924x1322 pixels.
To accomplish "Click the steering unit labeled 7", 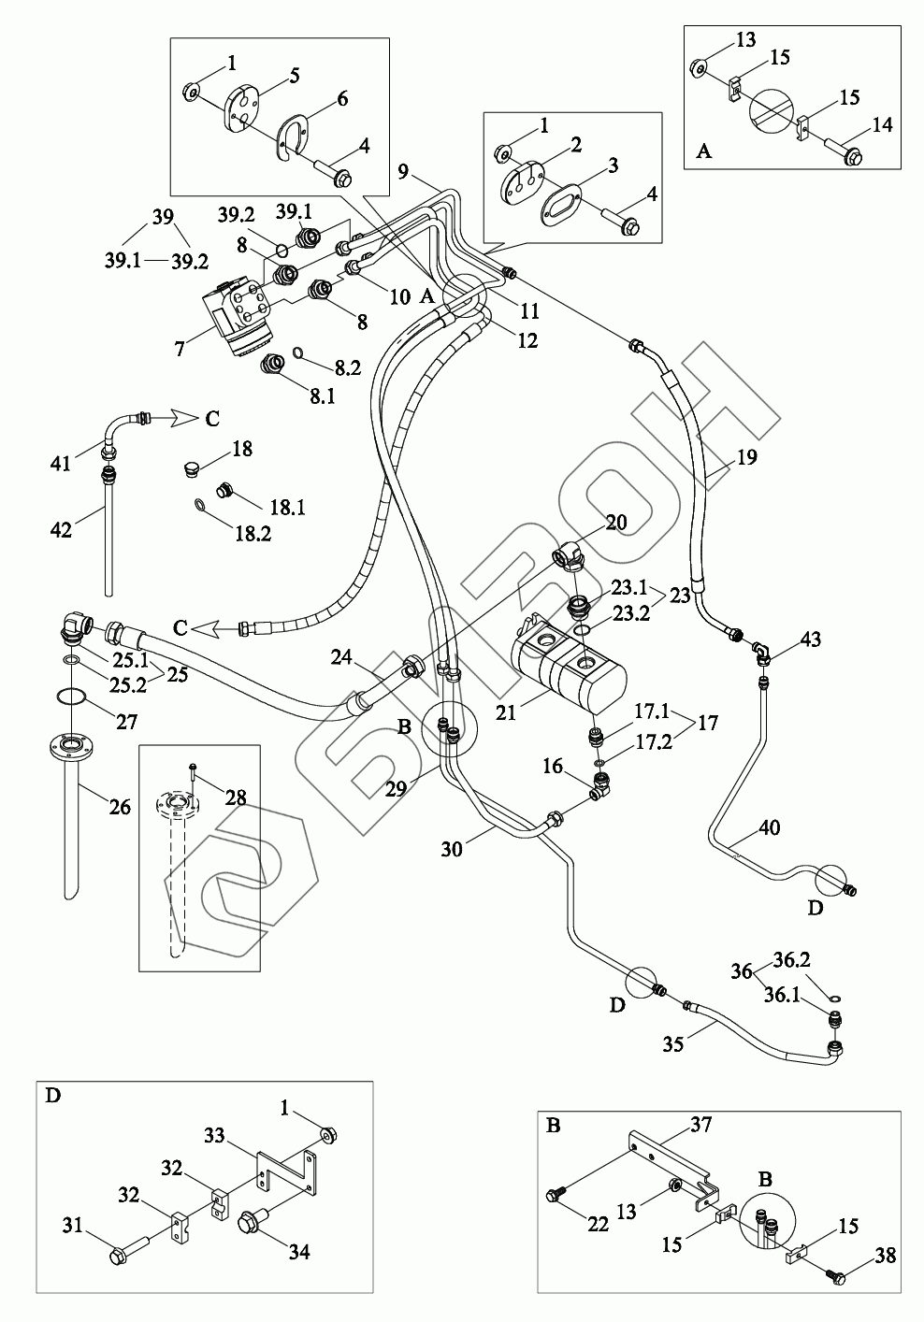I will click(238, 318).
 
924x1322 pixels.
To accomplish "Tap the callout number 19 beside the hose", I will click(746, 457).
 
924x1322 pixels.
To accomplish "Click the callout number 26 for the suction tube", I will click(120, 806).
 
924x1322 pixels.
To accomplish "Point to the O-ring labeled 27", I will click(71, 697).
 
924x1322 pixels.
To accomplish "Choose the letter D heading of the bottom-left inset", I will click(52, 1095).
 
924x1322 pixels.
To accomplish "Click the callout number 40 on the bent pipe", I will click(768, 827).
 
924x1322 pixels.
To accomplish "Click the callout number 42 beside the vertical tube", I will click(60, 529).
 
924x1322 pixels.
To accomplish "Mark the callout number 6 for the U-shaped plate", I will click(341, 98).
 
